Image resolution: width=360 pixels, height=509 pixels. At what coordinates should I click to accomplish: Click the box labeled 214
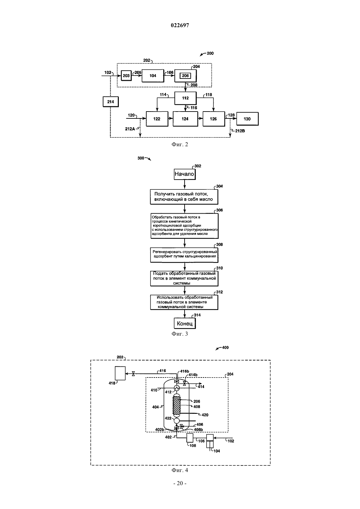pos(111,102)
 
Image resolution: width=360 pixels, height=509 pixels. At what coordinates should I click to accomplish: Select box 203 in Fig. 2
pos(126,76)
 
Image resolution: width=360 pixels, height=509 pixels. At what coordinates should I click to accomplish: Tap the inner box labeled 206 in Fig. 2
pos(186,76)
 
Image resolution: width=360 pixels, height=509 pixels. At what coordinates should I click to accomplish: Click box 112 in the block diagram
pos(186,98)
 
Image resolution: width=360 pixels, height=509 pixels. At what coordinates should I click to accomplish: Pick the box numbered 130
pos(247,119)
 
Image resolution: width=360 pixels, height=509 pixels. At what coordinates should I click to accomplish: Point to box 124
pos(185,119)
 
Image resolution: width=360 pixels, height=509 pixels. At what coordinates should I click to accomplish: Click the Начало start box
pos(185,174)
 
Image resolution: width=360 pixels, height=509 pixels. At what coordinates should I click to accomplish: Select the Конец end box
pos(185,323)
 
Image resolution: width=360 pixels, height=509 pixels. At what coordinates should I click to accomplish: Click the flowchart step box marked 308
pos(184,255)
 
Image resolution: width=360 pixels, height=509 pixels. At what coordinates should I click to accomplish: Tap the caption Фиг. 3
pos(180,334)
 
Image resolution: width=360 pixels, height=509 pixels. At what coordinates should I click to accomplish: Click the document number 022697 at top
pos(180,25)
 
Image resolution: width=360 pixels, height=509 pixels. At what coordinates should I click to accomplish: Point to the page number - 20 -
pos(180,483)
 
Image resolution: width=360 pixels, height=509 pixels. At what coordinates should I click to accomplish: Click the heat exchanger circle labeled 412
pos(177,388)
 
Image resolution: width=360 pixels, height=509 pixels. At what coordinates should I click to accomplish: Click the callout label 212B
pos(240,131)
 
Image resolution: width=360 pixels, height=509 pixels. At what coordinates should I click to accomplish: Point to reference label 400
pos(225,347)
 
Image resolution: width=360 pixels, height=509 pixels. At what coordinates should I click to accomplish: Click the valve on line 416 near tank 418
pos(133,374)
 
